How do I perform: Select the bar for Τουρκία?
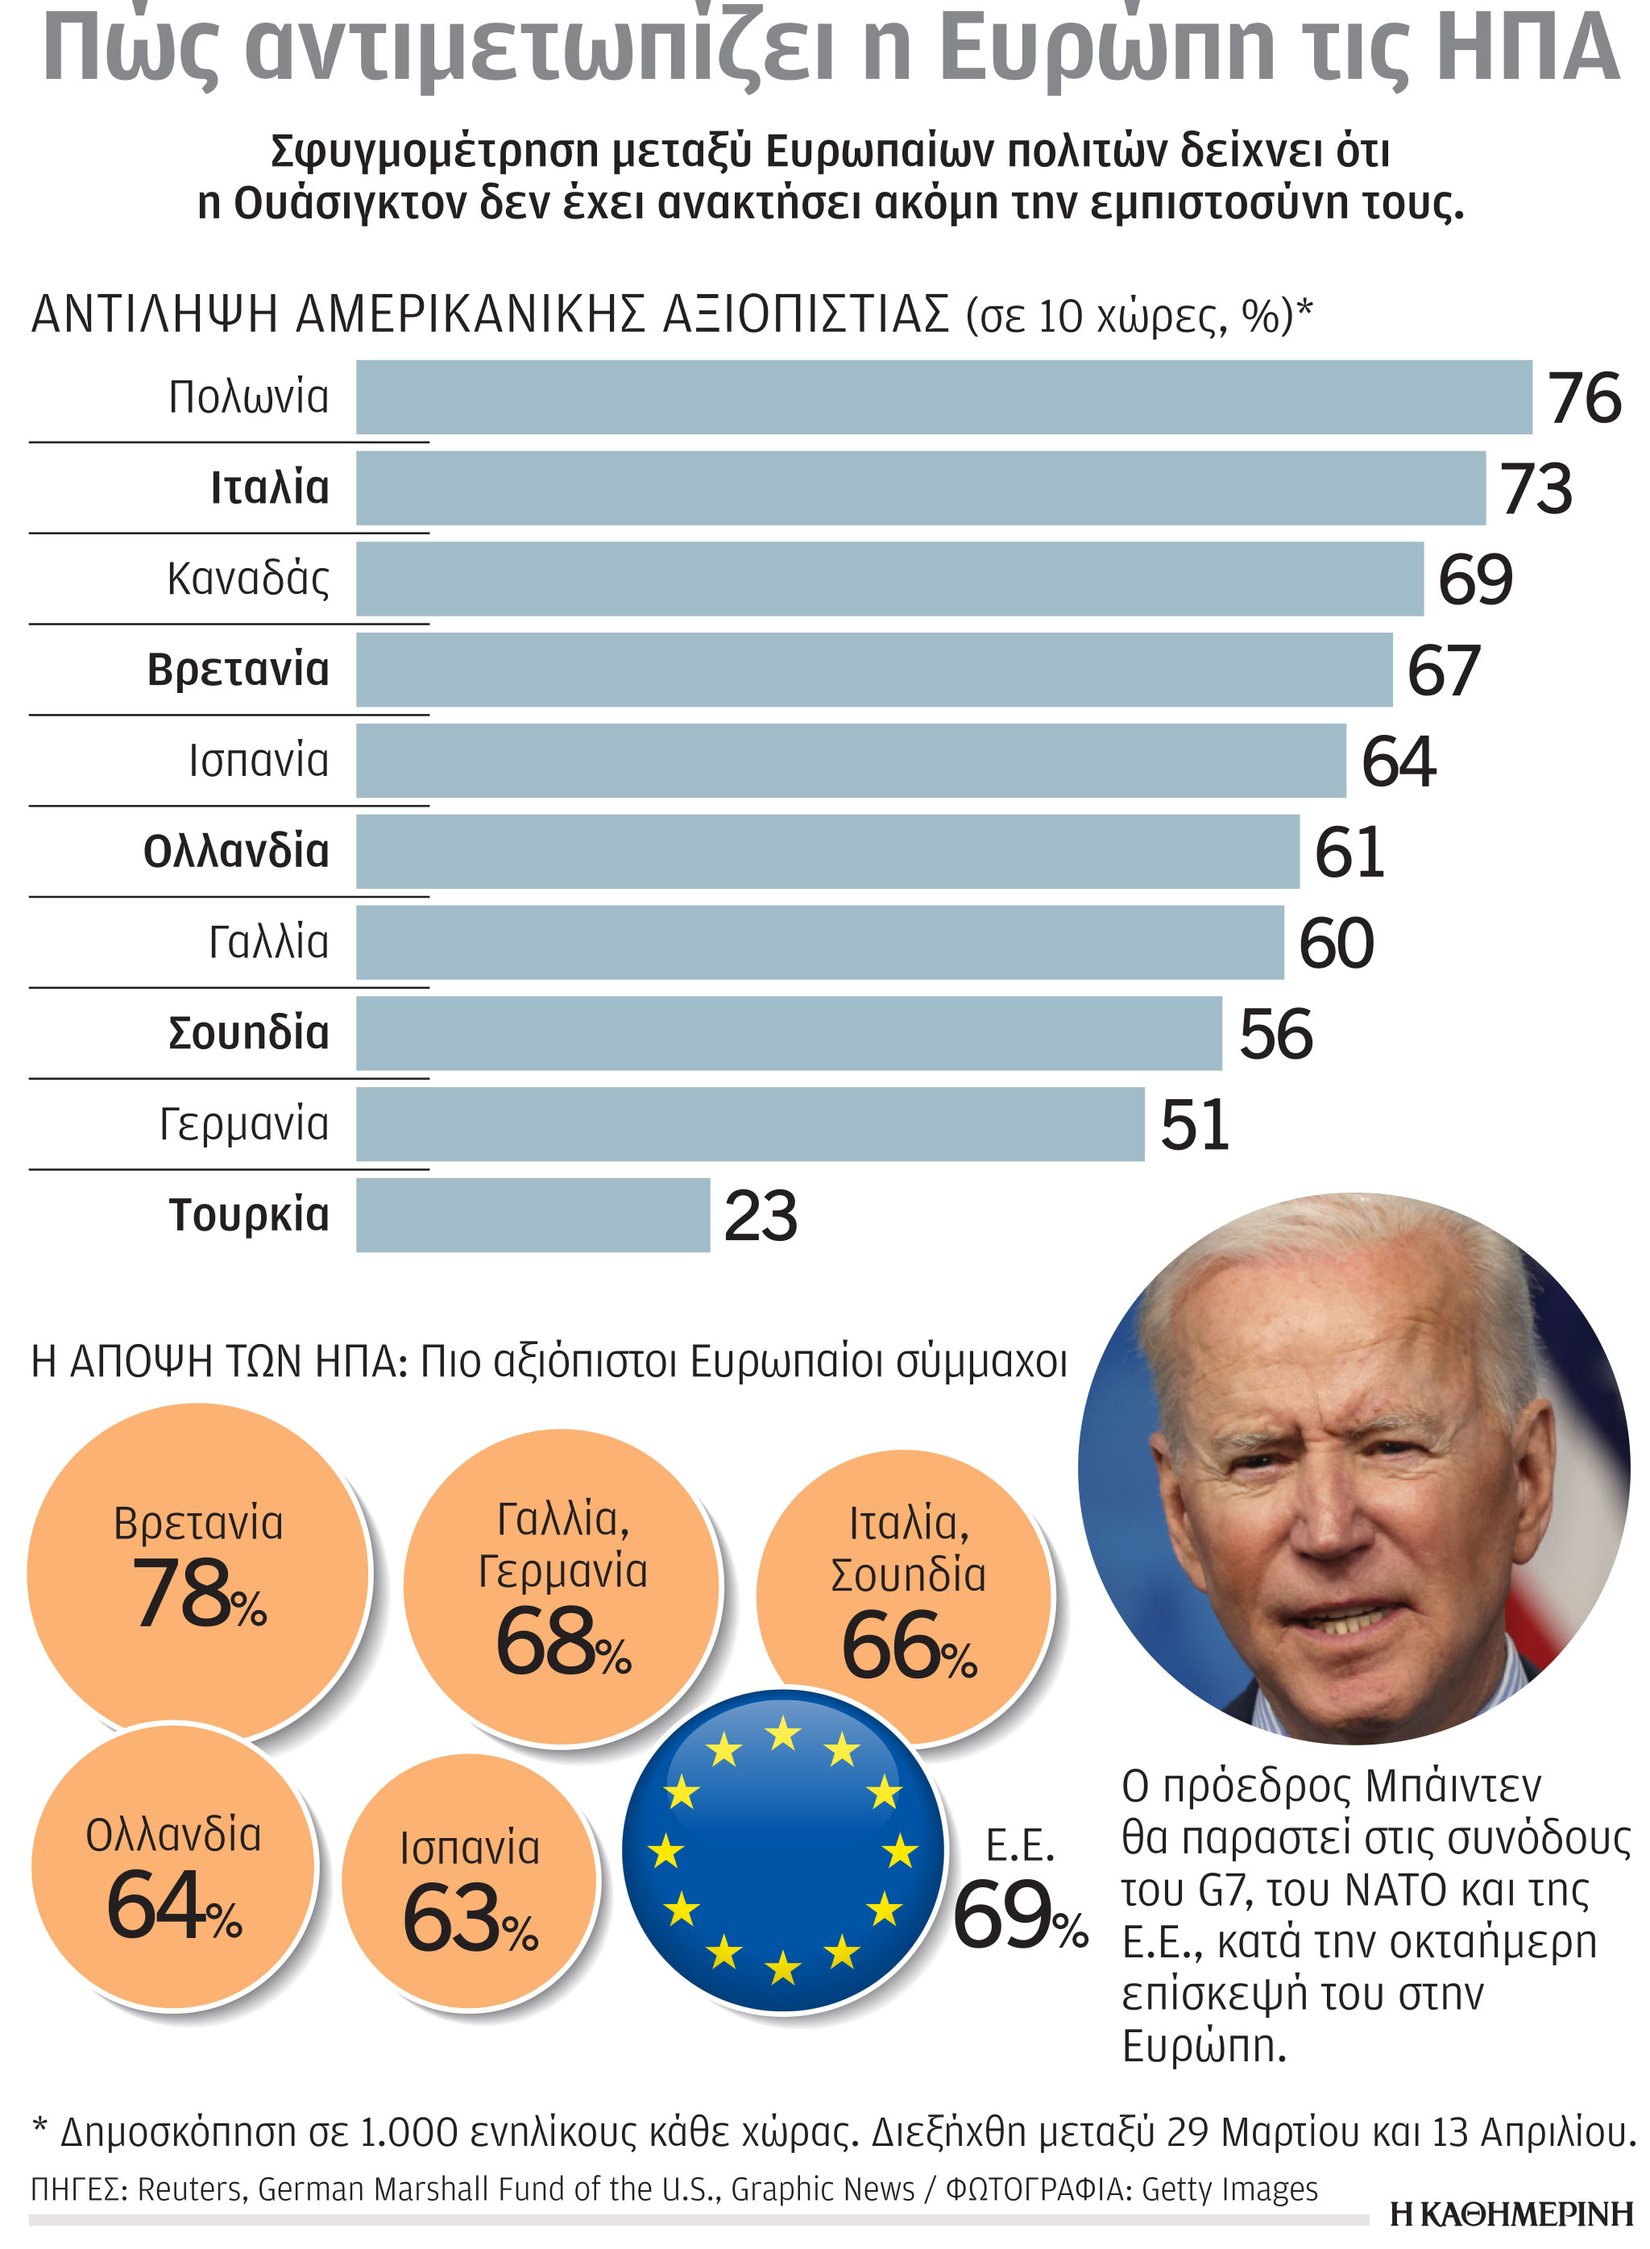point(533,1214)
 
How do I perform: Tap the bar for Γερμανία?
point(749,1123)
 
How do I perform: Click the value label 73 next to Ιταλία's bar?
point(1536,489)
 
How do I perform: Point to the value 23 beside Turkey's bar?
point(760,1217)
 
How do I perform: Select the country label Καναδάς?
point(247,579)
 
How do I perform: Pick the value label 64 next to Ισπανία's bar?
point(1399,762)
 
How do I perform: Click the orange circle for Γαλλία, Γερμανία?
point(562,1588)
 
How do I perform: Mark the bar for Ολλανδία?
point(827,851)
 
